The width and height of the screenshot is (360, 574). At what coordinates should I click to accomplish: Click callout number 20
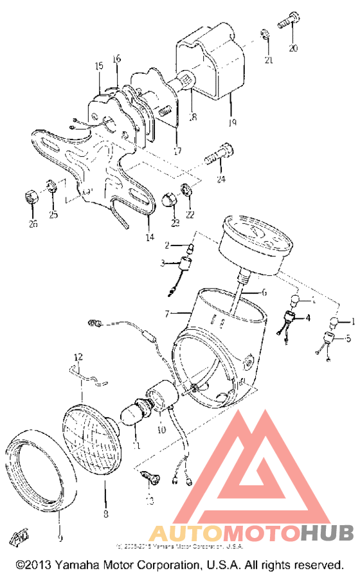[293, 48]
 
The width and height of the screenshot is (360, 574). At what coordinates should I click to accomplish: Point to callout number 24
[222, 179]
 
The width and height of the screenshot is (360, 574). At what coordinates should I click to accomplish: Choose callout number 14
[150, 237]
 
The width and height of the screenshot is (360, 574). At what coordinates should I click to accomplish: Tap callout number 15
[99, 66]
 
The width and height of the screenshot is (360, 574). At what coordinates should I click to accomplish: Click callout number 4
[308, 317]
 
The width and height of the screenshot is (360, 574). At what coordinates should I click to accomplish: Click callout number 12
[78, 356]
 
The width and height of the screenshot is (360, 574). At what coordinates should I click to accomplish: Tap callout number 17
[177, 151]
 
